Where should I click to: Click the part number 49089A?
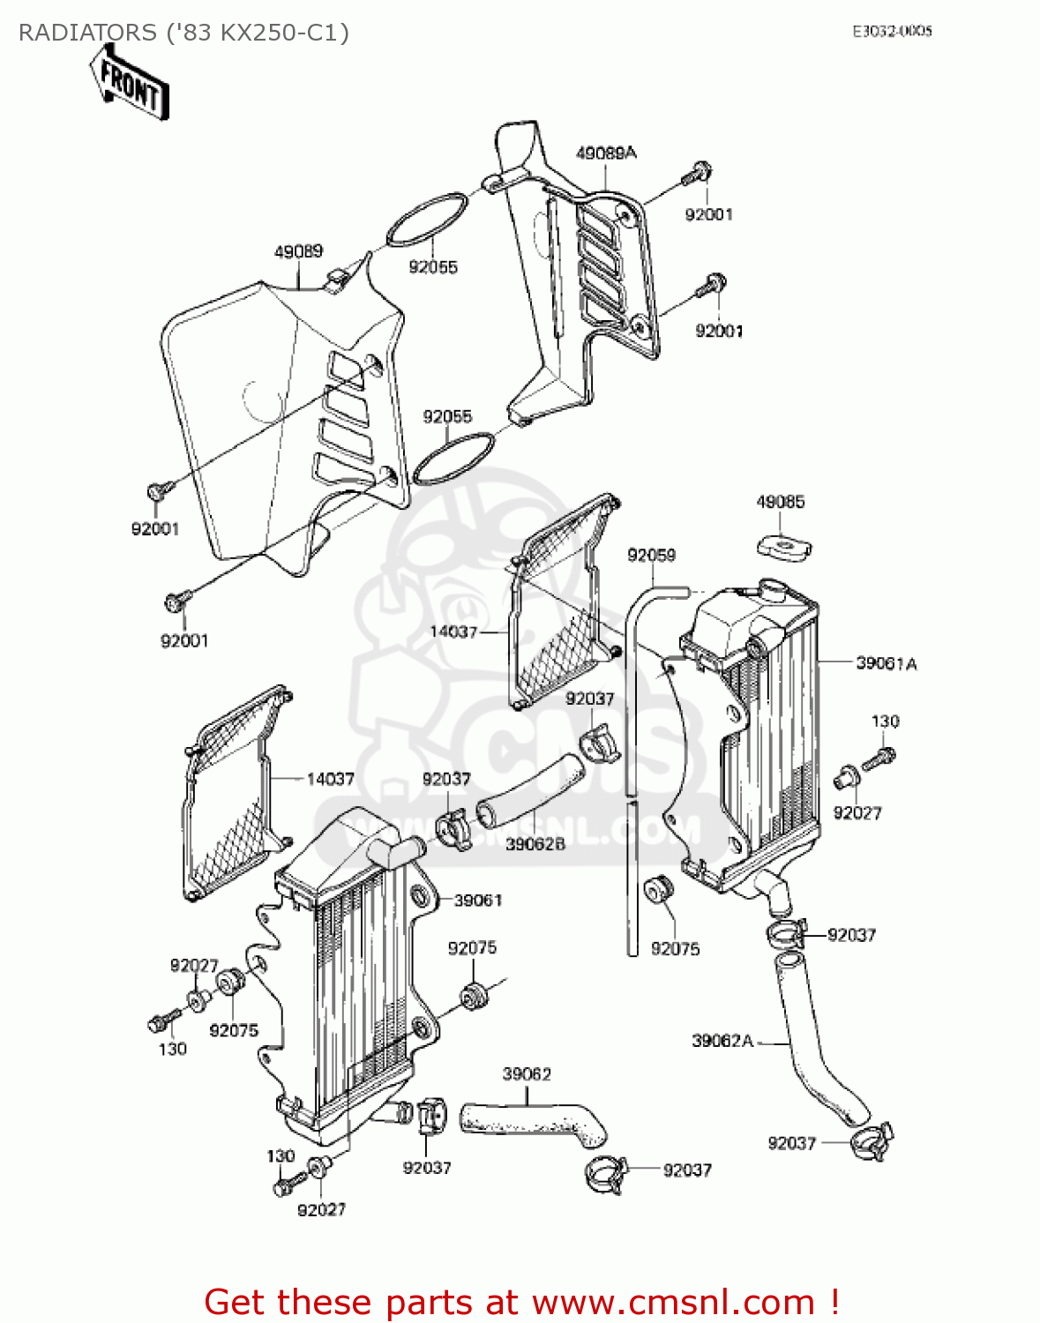coord(606,153)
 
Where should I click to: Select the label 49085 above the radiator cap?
coord(781,502)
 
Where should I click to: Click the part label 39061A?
coord(887,663)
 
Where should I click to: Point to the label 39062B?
coord(535,844)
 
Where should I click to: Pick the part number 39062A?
coord(722,1041)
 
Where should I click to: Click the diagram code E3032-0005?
coord(892,31)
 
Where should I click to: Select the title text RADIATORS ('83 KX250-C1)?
coord(183,33)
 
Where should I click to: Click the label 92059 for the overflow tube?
coord(651,555)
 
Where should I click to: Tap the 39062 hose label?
coord(527,1074)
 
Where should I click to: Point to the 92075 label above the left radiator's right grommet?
coord(472,948)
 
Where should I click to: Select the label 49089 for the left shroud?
coord(298,251)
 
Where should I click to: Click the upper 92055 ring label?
coord(433,267)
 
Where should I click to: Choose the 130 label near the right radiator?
coord(885,721)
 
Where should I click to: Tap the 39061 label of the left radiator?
coord(478,901)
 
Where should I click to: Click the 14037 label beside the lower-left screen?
coord(330,779)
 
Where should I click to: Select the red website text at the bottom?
coord(520,1302)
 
